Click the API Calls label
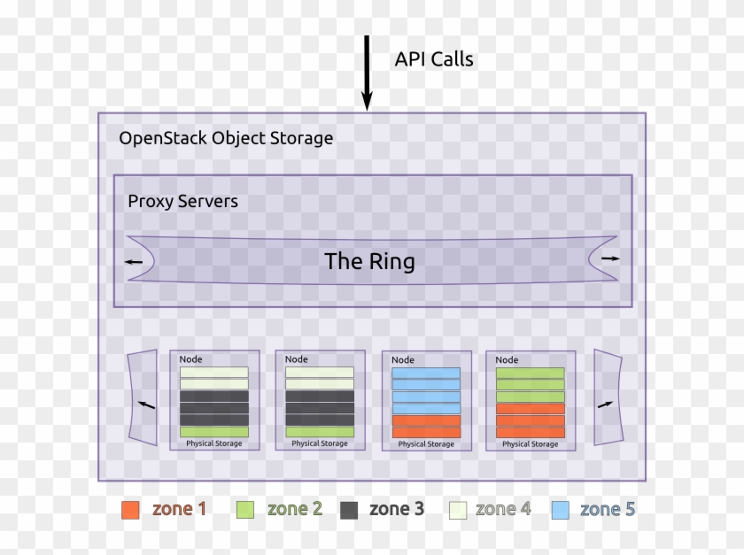click(433, 59)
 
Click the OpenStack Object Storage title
click(226, 138)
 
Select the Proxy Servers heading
click(182, 201)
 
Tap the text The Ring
click(369, 261)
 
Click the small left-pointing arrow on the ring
click(134, 261)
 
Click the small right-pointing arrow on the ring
click(610, 258)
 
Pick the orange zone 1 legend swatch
click(130, 510)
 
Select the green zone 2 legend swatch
click(245, 510)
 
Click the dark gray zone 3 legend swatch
click(348, 510)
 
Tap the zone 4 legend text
click(503, 509)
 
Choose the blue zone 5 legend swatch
click(559, 510)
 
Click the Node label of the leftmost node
click(190, 359)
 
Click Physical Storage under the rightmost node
click(530, 443)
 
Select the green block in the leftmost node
click(214, 432)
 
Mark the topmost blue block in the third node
click(426, 373)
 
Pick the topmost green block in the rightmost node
click(530, 373)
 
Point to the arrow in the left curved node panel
click(146, 405)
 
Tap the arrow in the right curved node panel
click(605, 404)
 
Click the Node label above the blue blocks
click(403, 360)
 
